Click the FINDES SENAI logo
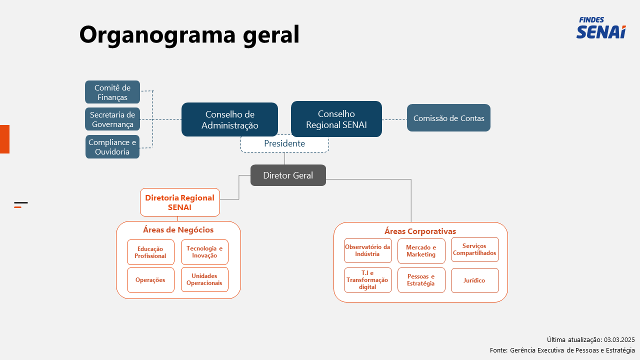601,27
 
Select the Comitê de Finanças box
112,92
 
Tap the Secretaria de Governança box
112,119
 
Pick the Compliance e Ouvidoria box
112,147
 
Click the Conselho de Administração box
229,119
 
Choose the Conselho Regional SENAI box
336,119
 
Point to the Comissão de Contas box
448,117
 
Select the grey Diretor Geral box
288,175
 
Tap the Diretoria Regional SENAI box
179,202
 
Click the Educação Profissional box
150,252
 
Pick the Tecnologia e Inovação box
204,252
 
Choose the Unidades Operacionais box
204,279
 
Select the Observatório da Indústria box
367,250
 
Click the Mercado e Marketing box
421,251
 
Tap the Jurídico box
475,280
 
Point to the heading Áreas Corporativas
420,231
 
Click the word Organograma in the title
157,35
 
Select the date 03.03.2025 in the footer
619,339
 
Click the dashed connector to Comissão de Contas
394,119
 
